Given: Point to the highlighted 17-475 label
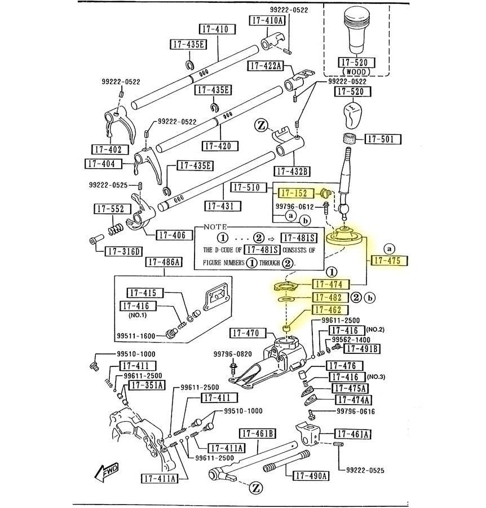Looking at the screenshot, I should [389, 261].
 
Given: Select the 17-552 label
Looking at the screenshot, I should [109, 209].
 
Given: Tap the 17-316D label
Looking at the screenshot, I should [125, 251].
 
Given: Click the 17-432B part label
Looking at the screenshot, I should [293, 171].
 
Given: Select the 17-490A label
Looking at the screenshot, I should [311, 475].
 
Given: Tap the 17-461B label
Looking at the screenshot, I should [258, 433].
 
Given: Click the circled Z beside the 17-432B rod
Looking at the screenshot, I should [261, 125].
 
